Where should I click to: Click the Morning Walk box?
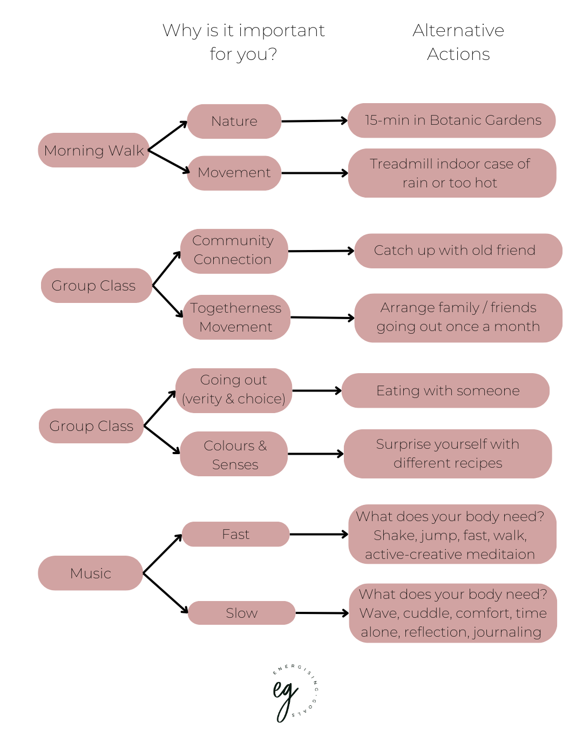coord(93,150)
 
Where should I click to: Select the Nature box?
coord(234,121)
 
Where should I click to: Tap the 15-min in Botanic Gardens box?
coord(452,120)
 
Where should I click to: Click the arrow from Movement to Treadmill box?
coord(315,173)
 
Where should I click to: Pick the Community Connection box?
coord(233,251)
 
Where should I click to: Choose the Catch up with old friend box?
coord(458,251)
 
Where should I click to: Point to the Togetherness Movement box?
coord(236,317)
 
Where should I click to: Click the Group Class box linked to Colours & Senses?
coord(91,426)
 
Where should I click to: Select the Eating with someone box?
coord(446,390)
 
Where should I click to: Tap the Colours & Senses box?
coord(234,454)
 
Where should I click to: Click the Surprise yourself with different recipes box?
coord(448,454)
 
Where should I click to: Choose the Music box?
coord(90,573)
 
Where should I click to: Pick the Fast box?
coord(236,534)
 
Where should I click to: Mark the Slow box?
coord(241,613)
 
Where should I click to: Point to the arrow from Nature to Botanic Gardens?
coord(315,121)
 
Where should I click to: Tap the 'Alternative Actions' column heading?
coord(458,42)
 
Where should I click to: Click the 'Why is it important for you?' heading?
coord(243,42)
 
